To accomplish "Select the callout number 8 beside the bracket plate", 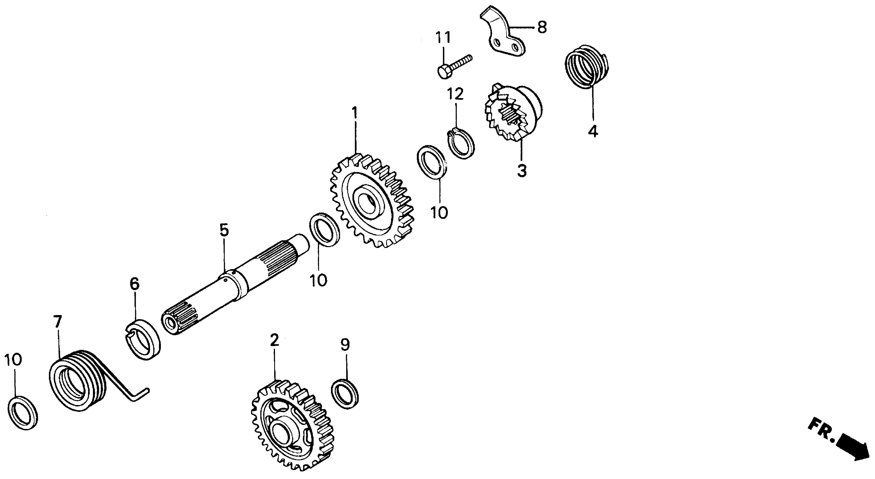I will click(541, 27).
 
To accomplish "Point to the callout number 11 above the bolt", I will click(443, 37).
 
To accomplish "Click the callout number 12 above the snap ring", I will click(455, 94).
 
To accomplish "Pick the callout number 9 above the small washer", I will click(345, 345).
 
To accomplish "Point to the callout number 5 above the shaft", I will click(224, 230).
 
